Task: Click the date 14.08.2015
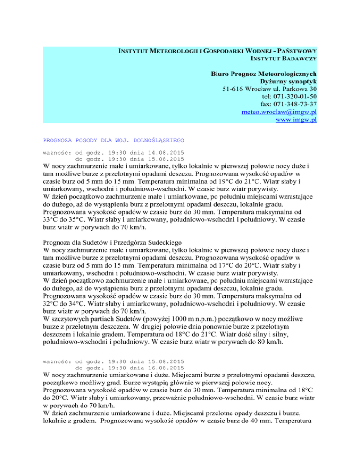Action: [165, 152]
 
